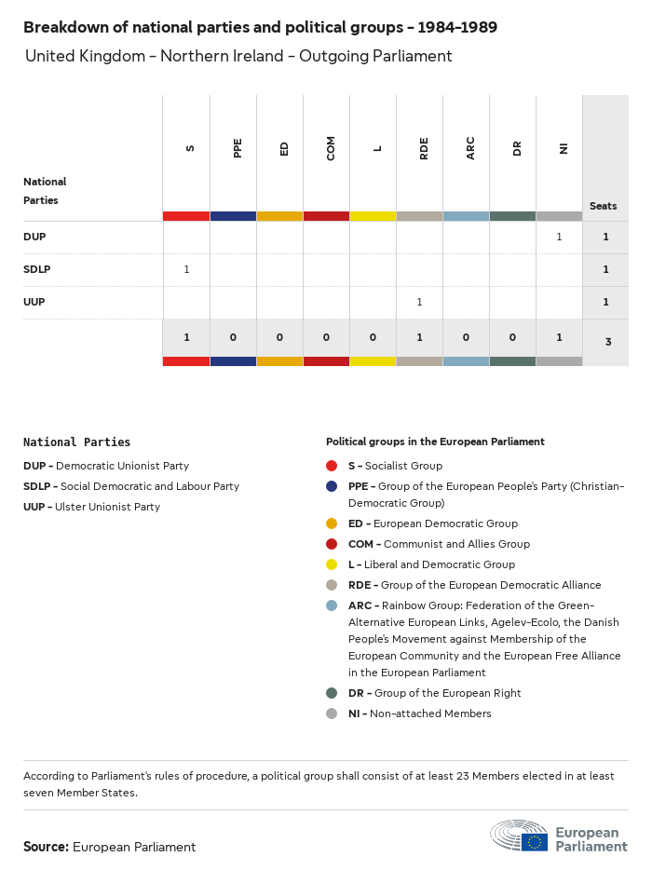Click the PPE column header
(238, 148)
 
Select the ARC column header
(470, 148)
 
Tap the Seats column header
(604, 206)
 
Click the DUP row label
(34, 237)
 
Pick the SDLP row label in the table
(36, 269)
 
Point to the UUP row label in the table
(34, 302)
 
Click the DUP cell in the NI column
(559, 237)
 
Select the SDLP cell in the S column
(186, 269)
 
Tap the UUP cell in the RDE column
(419, 302)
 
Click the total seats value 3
(607, 342)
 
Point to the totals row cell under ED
(279, 337)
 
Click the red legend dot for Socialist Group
(332, 466)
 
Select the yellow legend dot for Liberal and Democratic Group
(332, 564)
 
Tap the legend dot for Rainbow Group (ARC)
(332, 605)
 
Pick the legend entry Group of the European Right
(435, 693)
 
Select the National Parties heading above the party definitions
(76, 442)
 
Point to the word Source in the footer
(46, 847)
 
